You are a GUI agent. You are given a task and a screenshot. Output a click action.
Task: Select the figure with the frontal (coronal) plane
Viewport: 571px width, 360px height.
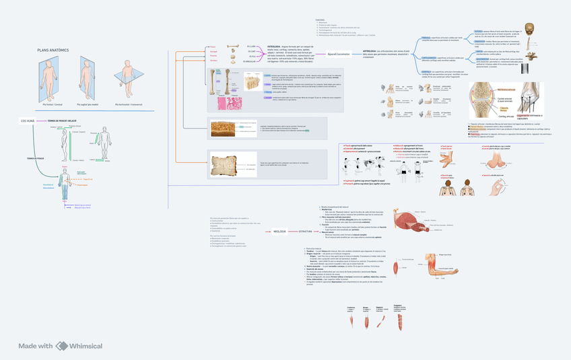49,79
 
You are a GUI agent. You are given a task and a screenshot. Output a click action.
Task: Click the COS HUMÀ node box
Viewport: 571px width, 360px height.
28,121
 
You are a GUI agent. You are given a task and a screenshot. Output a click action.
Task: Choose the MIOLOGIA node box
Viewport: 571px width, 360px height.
279,231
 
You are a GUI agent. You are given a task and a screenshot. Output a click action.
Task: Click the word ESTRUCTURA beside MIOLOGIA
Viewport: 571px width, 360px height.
306,231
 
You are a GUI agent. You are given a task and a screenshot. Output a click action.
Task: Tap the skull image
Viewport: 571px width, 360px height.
531,31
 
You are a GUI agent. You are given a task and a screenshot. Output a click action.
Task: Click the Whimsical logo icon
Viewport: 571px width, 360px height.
62,346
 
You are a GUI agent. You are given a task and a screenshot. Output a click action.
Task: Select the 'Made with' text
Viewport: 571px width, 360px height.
35,346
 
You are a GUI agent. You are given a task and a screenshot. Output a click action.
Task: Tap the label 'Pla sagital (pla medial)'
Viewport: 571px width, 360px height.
88,105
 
